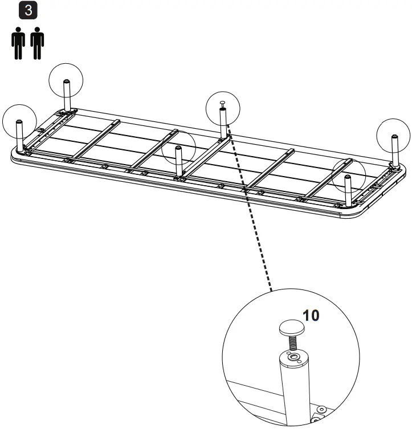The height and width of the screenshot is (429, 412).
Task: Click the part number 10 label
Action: click(311, 316)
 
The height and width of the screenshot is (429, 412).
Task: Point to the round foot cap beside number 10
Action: click(291, 328)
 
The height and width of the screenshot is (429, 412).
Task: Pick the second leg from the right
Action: click(347, 191)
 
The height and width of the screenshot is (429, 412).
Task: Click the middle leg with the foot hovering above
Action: click(223, 122)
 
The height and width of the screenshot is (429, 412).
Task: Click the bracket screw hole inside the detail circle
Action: click(321, 409)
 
